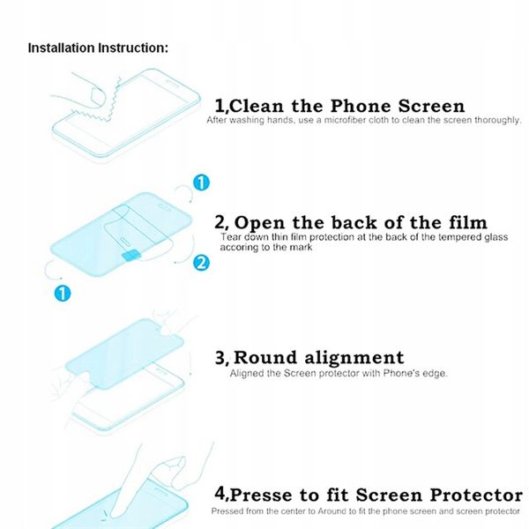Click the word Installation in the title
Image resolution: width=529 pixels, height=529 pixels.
coord(62,48)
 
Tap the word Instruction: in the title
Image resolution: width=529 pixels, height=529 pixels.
coord(133,48)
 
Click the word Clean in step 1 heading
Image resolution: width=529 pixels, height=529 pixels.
coord(257,106)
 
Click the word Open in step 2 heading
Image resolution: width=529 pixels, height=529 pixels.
coord(259,223)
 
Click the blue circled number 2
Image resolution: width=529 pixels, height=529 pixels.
coord(201,263)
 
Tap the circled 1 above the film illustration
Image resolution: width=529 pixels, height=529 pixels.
coord(201,183)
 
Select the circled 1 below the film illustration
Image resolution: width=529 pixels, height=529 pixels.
coord(63,294)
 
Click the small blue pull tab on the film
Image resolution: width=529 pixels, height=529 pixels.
coord(131,256)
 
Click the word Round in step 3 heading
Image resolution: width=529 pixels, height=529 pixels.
coord(265,358)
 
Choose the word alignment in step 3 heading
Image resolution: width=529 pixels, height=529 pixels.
coord(354,358)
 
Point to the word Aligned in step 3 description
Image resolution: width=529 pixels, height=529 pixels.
coord(247,374)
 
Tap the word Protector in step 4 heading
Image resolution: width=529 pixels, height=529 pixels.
coord(476,495)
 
